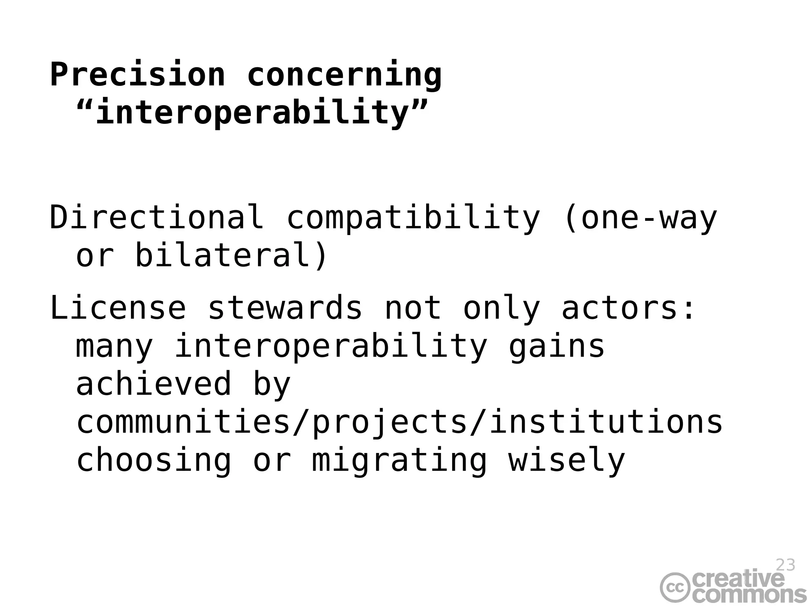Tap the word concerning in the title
(x=344, y=75)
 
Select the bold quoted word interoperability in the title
(x=252, y=112)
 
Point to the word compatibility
(x=413, y=218)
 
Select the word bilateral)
(x=231, y=255)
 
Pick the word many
(x=114, y=347)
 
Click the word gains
(x=556, y=347)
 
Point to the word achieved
(x=153, y=384)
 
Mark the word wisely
(x=567, y=461)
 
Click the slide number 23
(x=785, y=565)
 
